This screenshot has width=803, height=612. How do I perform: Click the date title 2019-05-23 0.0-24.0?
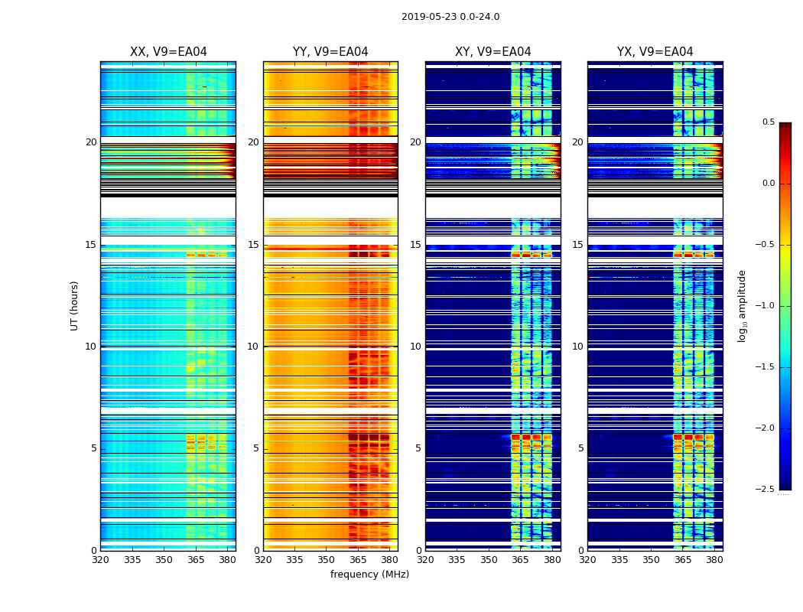point(450,17)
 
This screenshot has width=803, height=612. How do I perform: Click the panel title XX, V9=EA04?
point(168,52)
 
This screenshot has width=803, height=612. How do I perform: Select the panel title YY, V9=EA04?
point(330,52)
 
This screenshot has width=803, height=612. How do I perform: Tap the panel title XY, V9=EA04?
point(493,52)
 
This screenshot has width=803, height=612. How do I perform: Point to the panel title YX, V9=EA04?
point(655,52)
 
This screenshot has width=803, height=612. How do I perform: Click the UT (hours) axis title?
point(75,305)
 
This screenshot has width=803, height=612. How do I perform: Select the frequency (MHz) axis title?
point(369,575)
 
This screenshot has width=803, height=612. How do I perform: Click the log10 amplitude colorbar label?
point(742,305)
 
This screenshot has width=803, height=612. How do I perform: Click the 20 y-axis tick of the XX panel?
point(91,142)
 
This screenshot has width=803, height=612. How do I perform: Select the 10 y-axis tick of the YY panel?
point(253,347)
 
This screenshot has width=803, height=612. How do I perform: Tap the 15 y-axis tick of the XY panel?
point(415,245)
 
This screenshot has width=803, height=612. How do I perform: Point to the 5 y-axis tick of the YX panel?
point(580,448)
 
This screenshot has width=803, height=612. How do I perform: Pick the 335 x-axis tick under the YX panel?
point(619,560)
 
